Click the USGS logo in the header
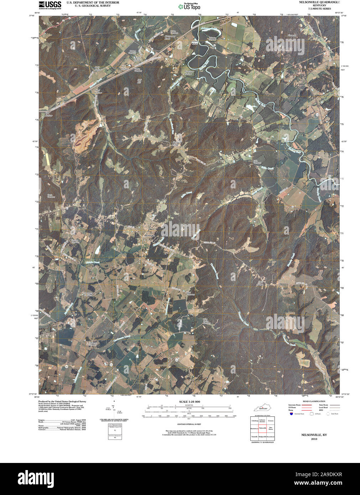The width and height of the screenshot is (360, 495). pos(49,5)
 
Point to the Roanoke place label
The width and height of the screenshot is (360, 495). pos(150,235)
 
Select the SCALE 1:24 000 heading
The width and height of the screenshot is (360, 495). pos(189,402)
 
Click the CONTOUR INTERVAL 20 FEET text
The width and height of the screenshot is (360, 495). pos(189,424)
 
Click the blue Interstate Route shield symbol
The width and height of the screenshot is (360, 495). pos(291,414)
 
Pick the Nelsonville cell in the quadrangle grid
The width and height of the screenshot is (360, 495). pos(263,428)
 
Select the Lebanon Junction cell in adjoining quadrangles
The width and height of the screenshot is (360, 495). pos(263,421)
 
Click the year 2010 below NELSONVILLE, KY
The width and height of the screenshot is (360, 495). pos(314,439)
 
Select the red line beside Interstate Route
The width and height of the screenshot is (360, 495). pos(307,405)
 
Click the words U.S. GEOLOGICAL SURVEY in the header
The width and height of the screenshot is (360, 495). pos(93,6)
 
